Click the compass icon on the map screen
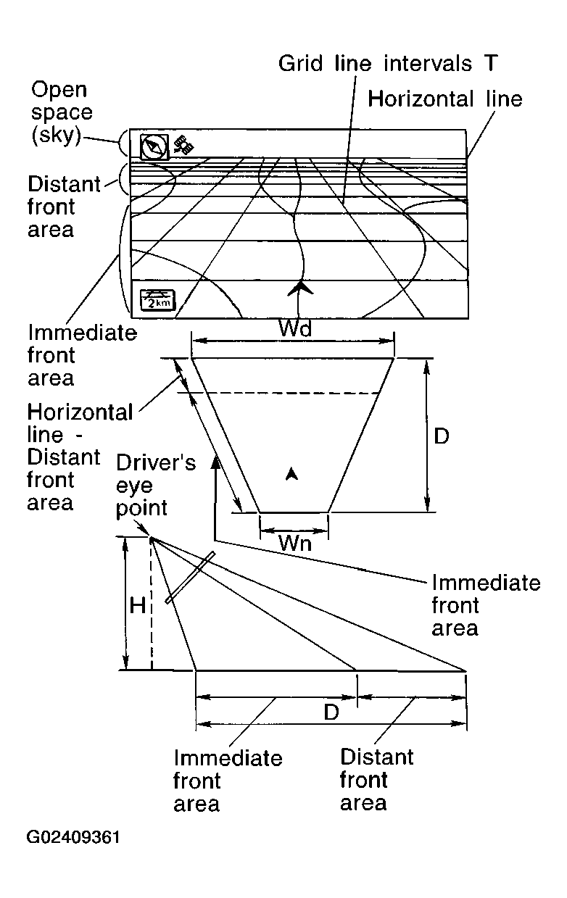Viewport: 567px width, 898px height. [x=154, y=147]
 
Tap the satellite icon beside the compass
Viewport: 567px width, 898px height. [x=184, y=145]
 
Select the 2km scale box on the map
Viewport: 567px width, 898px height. [x=157, y=300]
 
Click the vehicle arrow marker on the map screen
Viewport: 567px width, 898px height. [x=299, y=288]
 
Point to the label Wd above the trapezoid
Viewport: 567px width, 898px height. [x=294, y=329]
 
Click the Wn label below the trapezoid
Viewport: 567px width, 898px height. [x=295, y=543]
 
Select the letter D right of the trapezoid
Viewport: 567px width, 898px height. [x=442, y=436]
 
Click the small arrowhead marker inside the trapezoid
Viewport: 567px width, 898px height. [x=291, y=474]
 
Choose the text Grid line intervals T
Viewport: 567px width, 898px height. [x=388, y=64]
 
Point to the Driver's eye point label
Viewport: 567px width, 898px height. [x=155, y=485]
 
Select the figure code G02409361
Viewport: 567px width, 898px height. [x=73, y=838]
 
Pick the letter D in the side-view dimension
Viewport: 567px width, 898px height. [x=331, y=712]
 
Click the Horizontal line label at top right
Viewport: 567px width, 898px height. [x=444, y=99]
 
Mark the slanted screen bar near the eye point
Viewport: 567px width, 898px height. [x=190, y=578]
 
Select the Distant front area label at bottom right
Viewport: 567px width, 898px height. [x=376, y=780]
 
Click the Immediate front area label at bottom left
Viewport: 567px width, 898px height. [x=227, y=781]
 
